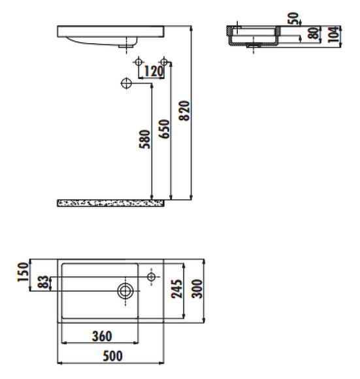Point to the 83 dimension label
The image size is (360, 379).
43,283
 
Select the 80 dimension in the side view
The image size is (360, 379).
316,33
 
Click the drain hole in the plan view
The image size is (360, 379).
125,291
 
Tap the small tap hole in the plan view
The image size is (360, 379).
152,277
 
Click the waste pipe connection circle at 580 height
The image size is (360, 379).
127,82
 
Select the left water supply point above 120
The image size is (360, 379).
139,63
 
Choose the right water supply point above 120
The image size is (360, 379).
165,63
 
